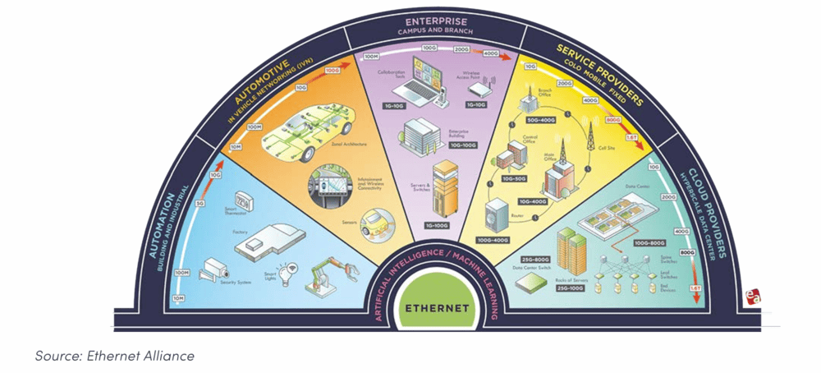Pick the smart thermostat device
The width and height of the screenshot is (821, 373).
244,200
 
